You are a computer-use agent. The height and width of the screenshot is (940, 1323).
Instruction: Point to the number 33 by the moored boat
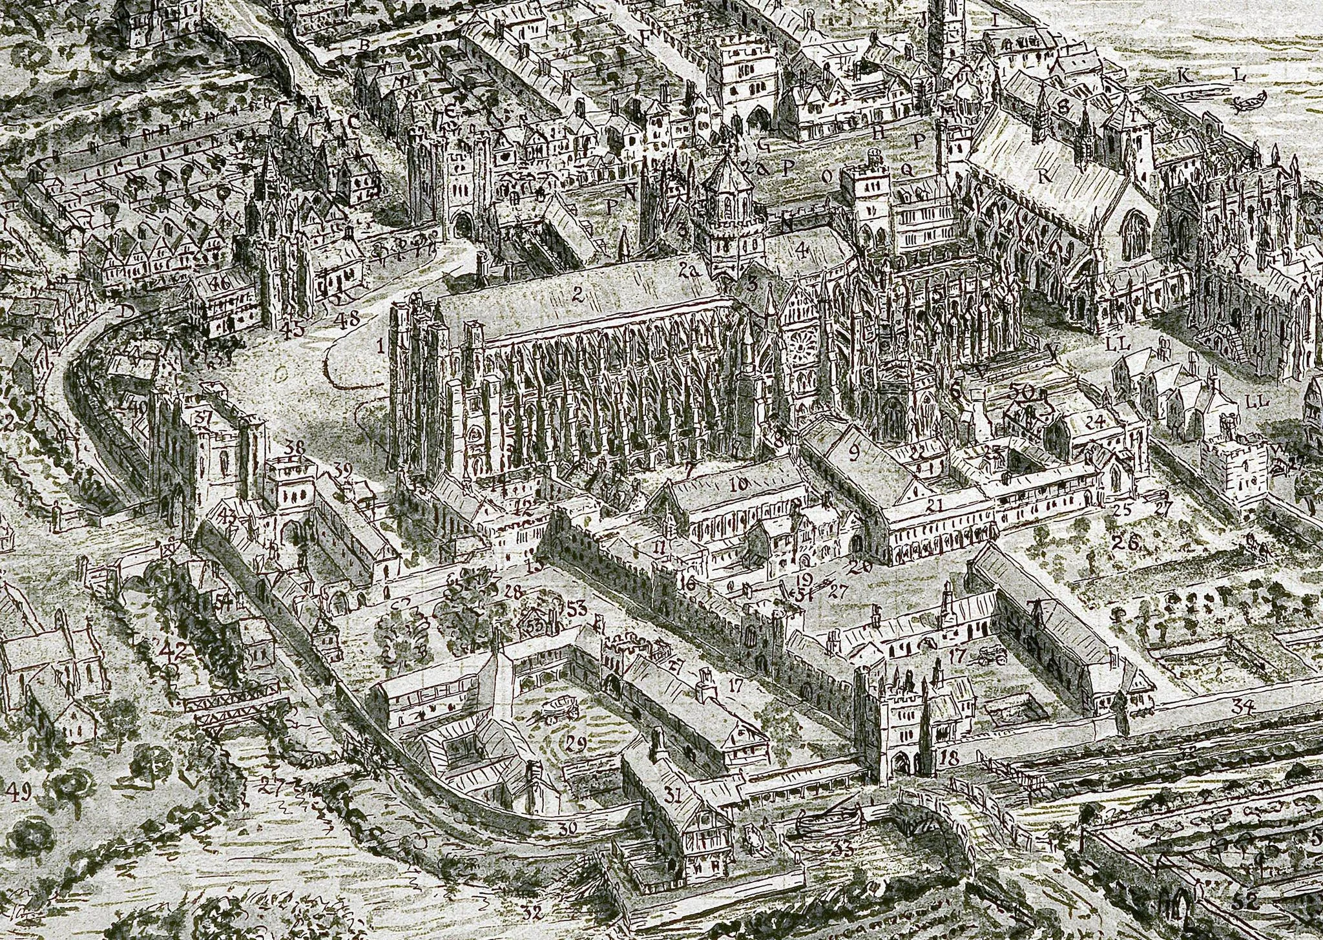[x=843, y=850]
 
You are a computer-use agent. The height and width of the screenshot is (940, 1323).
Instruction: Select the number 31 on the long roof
[x=673, y=797]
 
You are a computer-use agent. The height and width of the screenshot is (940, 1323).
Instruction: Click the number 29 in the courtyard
[x=576, y=743]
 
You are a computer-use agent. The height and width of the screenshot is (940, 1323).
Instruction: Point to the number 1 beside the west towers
[x=381, y=347]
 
